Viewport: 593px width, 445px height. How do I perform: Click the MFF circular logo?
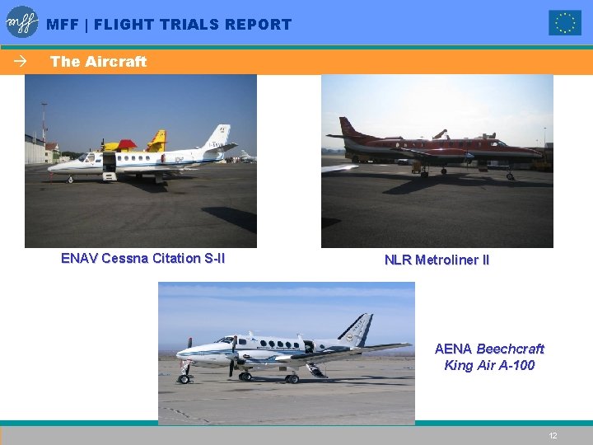22,22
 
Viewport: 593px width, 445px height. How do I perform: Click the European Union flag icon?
565,23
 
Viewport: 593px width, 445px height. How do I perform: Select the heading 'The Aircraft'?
98,62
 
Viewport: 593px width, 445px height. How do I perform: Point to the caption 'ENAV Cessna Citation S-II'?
142,258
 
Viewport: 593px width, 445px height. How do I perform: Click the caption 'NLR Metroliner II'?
437,260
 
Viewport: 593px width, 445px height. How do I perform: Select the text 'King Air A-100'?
489,365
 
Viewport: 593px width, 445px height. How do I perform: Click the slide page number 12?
553,435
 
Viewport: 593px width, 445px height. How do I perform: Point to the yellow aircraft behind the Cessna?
156,141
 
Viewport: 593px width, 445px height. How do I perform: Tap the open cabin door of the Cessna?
109,162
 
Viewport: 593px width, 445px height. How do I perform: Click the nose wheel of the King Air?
184,378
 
